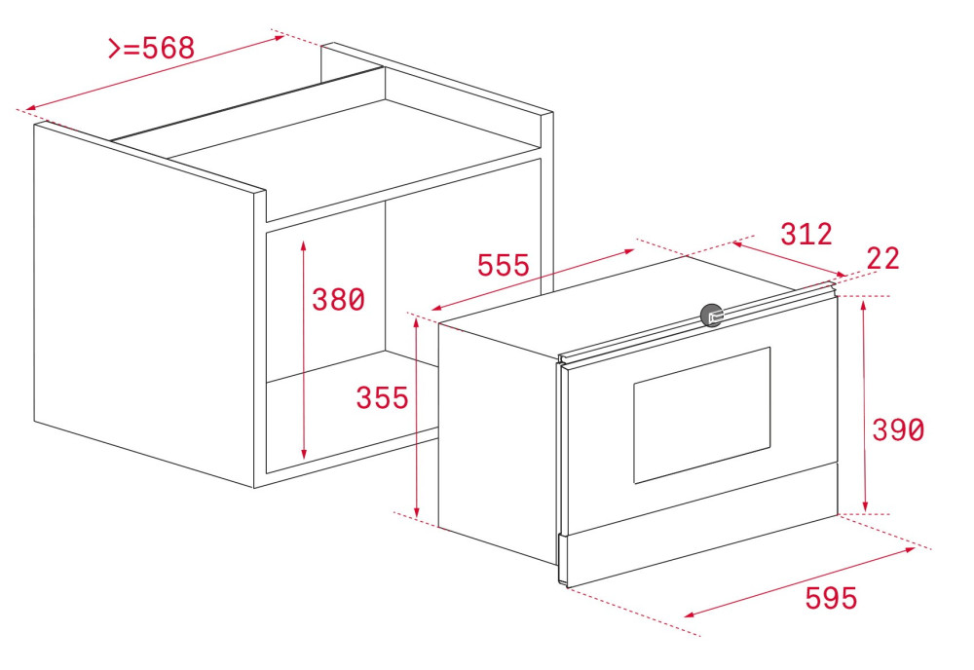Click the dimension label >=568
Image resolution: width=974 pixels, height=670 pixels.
click(x=152, y=48)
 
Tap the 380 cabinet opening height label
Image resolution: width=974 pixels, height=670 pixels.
click(x=338, y=299)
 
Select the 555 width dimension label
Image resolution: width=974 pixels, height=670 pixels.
click(x=504, y=265)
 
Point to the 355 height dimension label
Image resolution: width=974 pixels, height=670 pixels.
click(x=382, y=398)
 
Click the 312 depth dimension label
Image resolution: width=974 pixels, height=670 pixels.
click(x=806, y=234)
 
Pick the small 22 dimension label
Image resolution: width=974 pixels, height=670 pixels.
click(x=882, y=258)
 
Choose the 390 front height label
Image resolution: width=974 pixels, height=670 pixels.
click(x=898, y=429)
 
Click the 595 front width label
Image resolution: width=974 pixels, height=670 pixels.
click(x=831, y=598)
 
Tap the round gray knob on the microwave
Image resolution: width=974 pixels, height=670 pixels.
click(x=712, y=316)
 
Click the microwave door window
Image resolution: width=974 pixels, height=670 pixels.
click(x=702, y=415)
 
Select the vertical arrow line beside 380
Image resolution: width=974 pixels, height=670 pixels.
click(x=303, y=350)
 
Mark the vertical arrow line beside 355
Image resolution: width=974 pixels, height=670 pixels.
click(x=417, y=418)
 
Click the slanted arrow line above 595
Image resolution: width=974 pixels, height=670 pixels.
click(x=800, y=582)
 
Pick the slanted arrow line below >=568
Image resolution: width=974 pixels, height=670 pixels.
click(x=155, y=74)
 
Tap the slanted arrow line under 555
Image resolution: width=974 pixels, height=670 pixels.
click(x=533, y=280)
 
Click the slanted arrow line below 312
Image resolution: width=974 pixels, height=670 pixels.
click(x=790, y=259)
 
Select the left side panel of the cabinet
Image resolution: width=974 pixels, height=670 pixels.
click(x=144, y=304)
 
